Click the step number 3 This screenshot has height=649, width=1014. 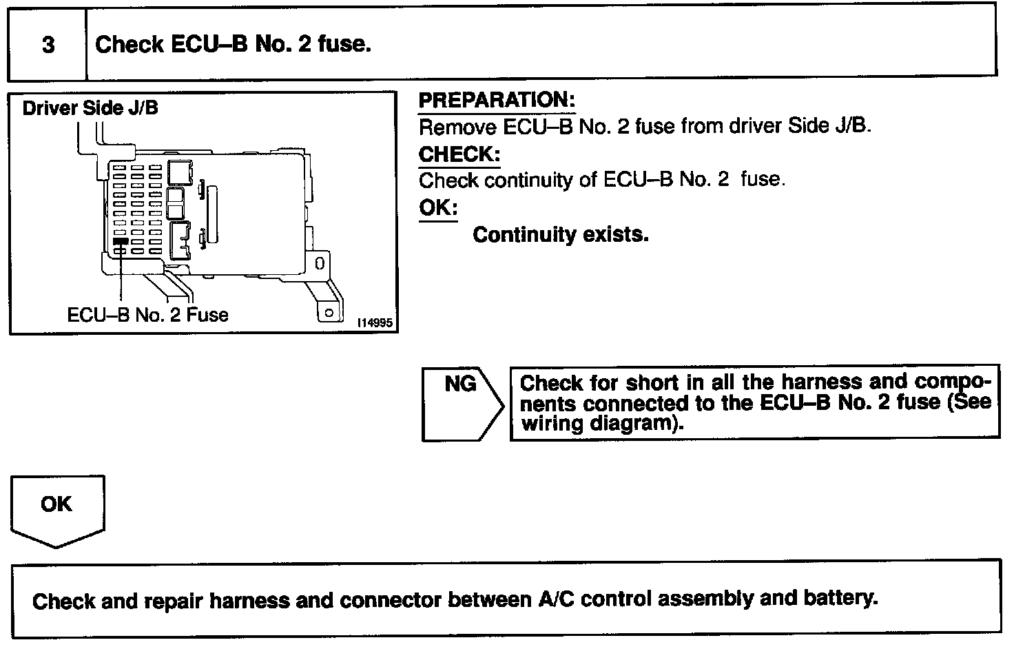tap(48, 45)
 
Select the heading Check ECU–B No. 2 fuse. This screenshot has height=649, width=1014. tap(233, 45)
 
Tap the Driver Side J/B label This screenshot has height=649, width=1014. tap(90, 108)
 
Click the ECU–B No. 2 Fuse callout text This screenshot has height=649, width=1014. tap(147, 315)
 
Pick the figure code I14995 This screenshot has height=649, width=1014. tap(376, 323)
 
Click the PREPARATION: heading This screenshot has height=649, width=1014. tap(497, 100)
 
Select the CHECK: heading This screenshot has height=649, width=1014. tap(459, 154)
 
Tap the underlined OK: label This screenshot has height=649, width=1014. tap(438, 207)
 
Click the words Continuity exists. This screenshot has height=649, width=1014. tap(561, 235)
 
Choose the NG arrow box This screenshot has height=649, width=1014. tap(460, 403)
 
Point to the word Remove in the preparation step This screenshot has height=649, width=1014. tap(458, 127)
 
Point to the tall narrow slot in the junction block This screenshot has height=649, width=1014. tap(213, 214)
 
